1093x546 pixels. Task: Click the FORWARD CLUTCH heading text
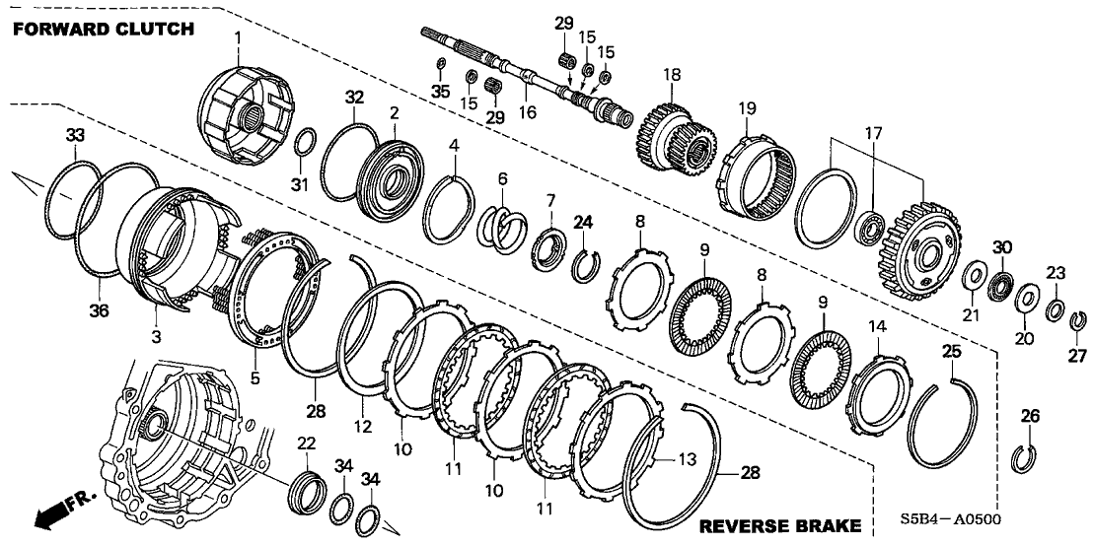(x=104, y=29)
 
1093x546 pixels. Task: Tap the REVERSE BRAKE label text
(x=780, y=526)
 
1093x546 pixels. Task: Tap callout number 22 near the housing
(x=308, y=444)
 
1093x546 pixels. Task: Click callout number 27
(x=1077, y=354)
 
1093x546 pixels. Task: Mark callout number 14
(x=877, y=326)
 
